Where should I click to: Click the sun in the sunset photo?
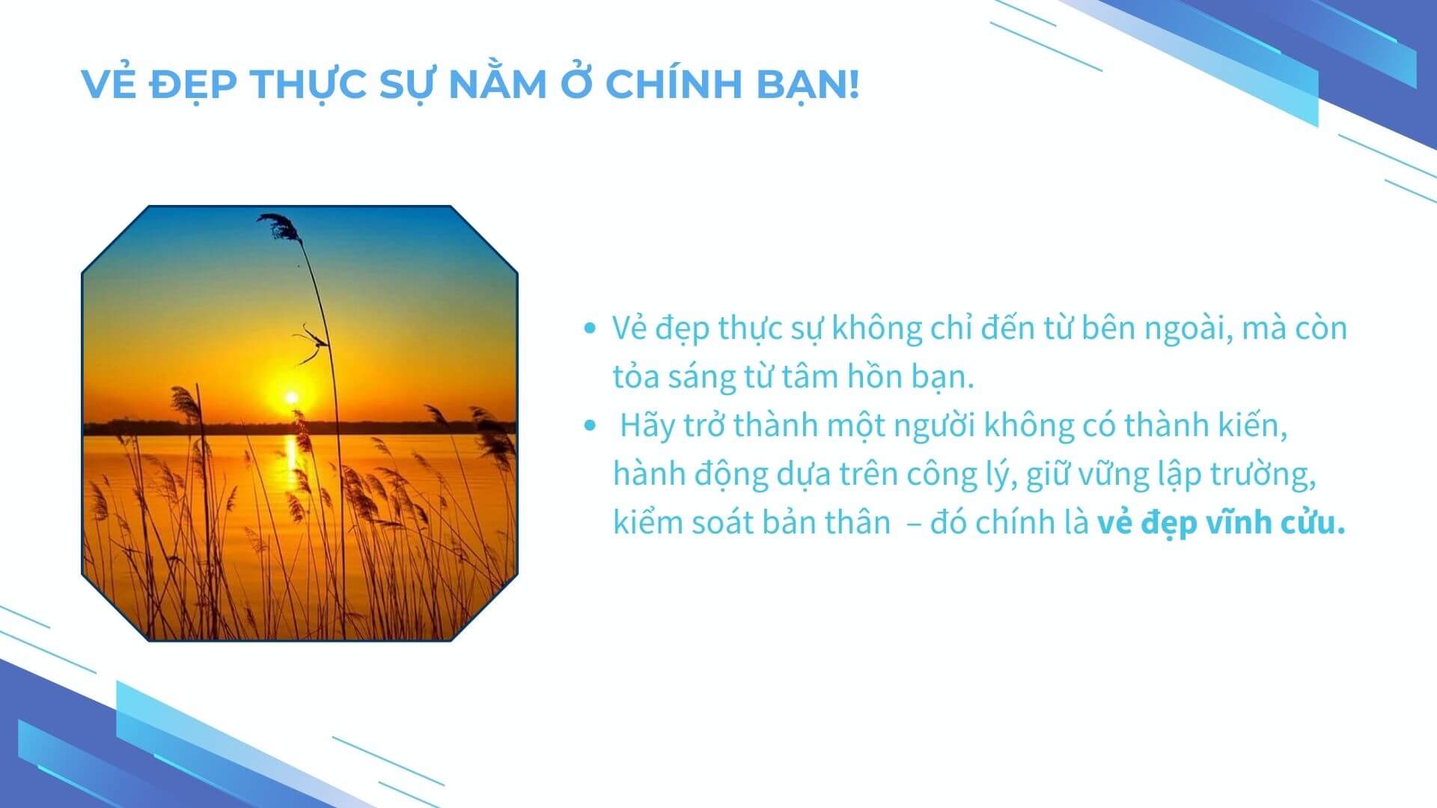(x=290, y=397)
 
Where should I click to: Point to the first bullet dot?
(x=591, y=328)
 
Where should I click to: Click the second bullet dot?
(x=591, y=425)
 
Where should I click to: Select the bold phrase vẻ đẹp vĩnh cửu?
(x=1221, y=522)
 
